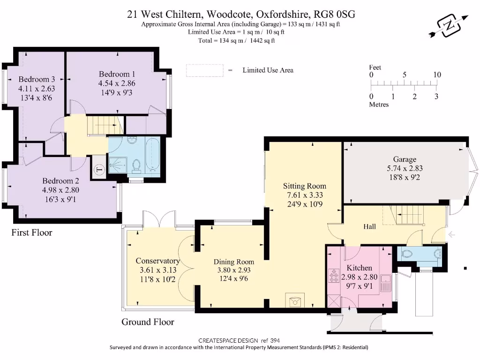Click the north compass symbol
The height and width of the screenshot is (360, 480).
(449, 26)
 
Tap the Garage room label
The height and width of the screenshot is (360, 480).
(405, 159)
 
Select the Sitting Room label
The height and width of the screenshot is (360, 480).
(305, 186)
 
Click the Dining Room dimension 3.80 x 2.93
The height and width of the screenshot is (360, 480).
(234, 270)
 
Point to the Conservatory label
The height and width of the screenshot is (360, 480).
(157, 261)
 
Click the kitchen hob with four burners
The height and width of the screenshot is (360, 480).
(334, 276)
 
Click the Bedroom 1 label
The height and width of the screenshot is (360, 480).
(117, 74)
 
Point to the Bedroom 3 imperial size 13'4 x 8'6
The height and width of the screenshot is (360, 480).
(36, 98)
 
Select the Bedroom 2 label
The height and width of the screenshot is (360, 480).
(60, 180)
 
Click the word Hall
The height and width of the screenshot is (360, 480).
(369, 226)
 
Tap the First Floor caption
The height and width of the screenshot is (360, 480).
(32, 232)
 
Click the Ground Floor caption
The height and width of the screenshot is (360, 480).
(148, 322)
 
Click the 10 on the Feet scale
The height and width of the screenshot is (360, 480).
(437, 75)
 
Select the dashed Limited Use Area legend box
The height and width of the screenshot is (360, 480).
(205, 70)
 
